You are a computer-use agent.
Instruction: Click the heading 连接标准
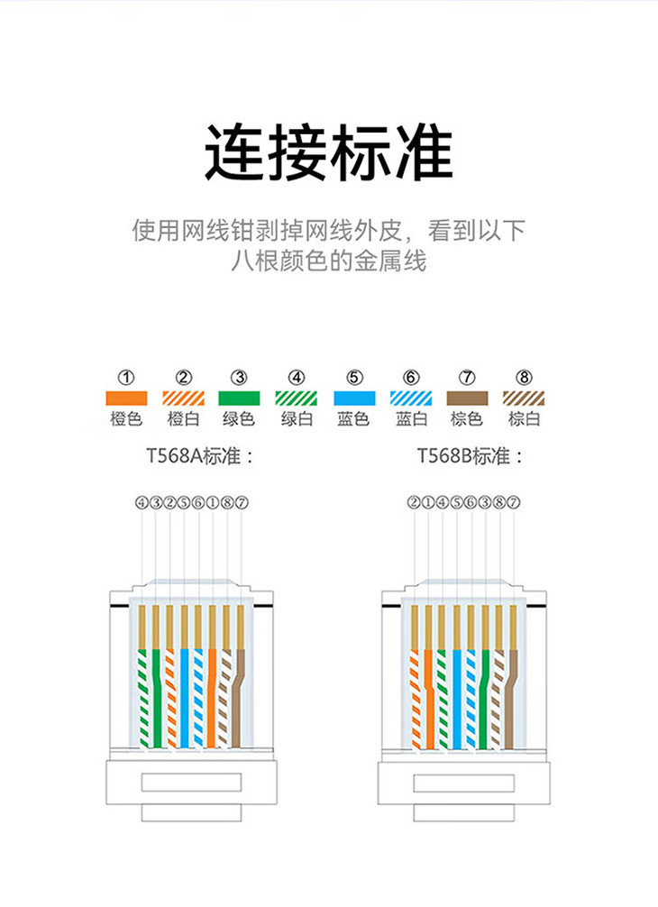328,153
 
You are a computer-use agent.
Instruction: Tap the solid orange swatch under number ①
127,398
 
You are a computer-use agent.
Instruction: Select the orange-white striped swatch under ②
183,398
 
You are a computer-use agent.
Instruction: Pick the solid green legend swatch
239,398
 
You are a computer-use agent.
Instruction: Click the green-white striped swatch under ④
297,398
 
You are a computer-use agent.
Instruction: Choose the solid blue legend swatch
354,398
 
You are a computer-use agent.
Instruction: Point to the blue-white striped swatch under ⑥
411,398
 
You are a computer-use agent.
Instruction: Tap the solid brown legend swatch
467,398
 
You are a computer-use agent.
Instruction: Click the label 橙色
127,419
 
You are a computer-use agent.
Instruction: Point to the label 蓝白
411,419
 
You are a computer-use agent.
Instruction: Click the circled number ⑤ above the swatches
354,377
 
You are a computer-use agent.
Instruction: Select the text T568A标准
197,456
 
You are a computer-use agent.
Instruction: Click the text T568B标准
470,456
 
